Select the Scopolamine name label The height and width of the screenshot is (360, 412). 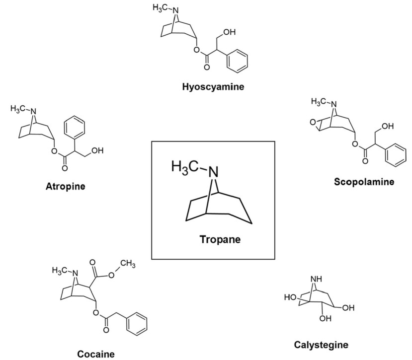tap(364, 182)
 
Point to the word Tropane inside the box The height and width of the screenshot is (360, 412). tap(220, 239)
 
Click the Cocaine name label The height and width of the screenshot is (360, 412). tap(96, 354)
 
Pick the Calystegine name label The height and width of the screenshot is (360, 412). tap(321, 345)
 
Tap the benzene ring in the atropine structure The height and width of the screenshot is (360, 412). tap(76, 125)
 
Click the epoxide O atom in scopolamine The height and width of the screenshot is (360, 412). tap(312, 121)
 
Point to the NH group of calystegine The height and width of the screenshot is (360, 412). tap(316, 280)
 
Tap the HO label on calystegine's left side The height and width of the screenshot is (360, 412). tap(290, 298)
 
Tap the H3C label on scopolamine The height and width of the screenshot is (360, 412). tap(319, 102)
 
